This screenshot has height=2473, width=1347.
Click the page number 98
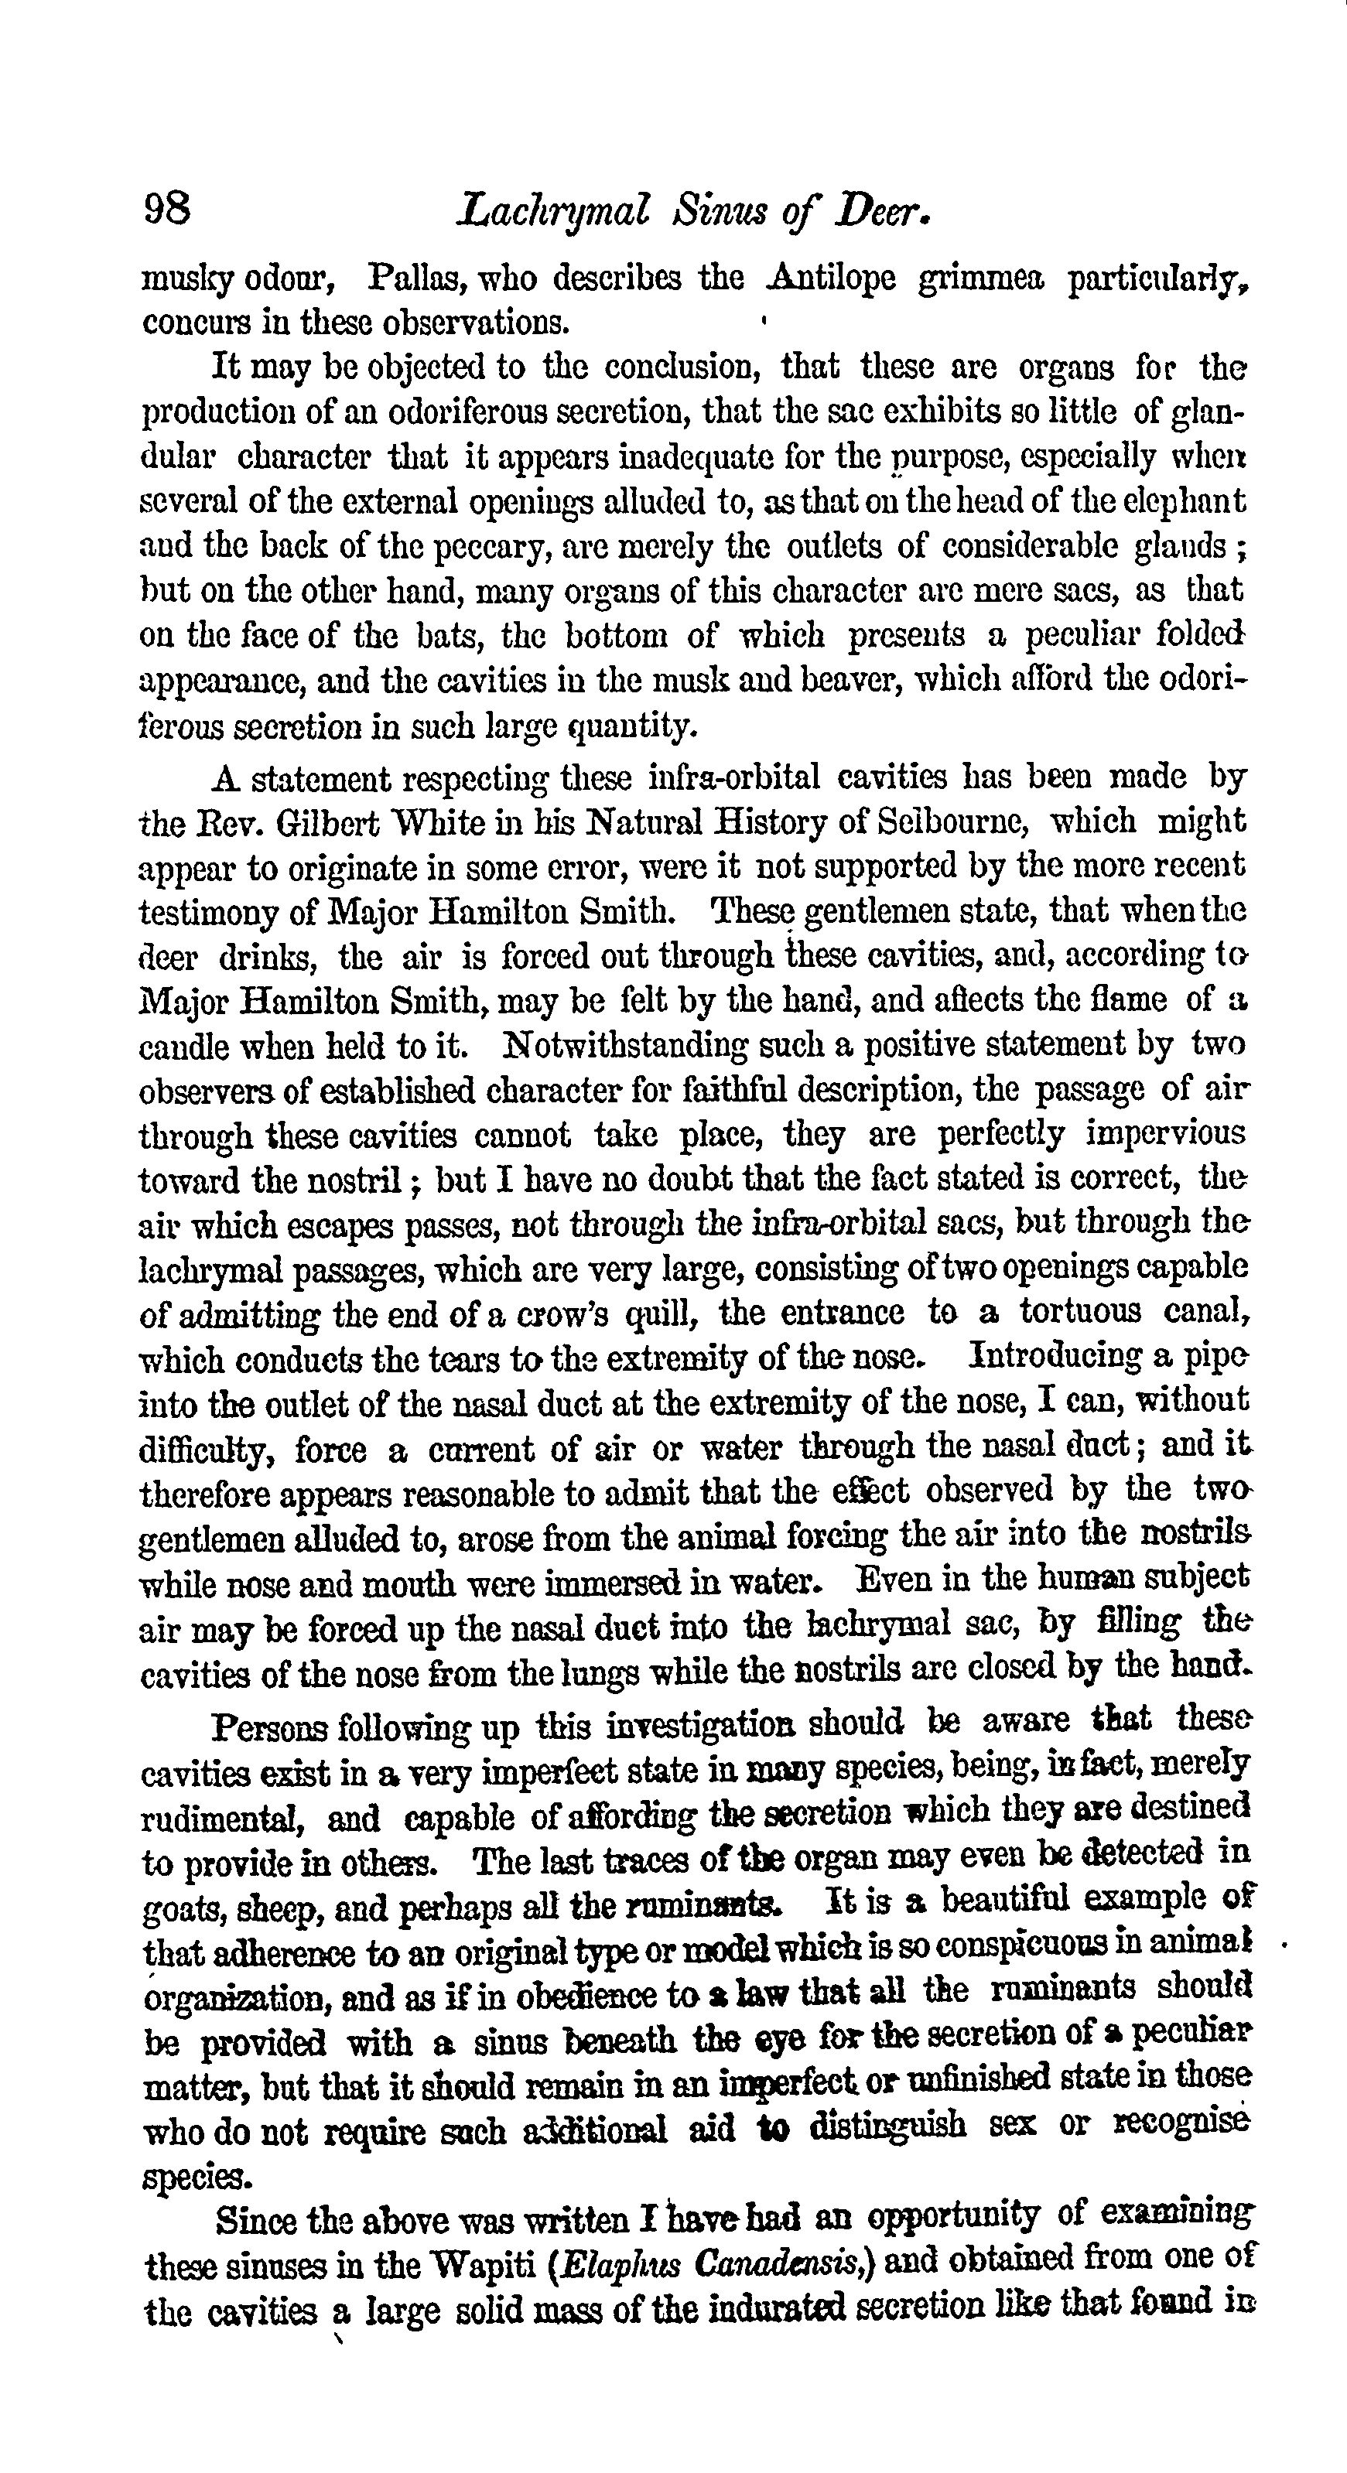coord(167,208)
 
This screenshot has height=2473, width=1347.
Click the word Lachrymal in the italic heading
coord(555,210)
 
